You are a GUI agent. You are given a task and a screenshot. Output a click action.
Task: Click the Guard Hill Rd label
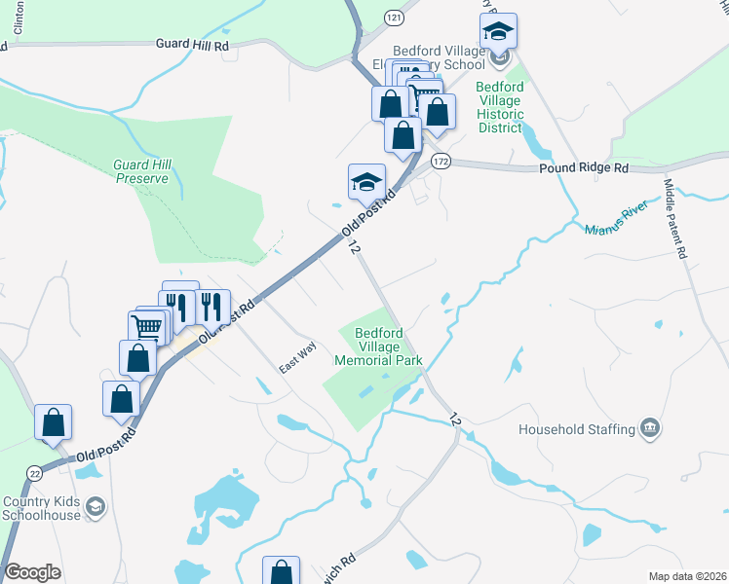click(192, 45)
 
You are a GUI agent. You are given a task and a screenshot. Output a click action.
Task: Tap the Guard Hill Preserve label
click(142, 171)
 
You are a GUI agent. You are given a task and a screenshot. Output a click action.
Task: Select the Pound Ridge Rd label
click(584, 168)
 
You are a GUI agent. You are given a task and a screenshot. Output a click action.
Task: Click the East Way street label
click(298, 361)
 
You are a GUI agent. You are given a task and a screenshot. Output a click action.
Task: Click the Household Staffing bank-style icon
click(648, 428)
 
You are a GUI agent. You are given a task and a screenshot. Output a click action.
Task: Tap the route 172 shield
click(441, 163)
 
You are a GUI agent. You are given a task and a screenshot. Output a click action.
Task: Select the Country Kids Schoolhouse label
click(40, 509)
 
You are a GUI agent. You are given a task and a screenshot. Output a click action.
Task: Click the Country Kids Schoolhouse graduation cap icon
click(96, 506)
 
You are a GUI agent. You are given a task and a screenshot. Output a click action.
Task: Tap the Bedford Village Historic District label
click(500, 100)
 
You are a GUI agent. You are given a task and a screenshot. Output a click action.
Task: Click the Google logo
click(32, 572)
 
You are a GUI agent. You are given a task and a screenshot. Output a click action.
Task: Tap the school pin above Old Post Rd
click(366, 181)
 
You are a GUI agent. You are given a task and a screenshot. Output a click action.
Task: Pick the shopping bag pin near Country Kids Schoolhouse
click(53, 421)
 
